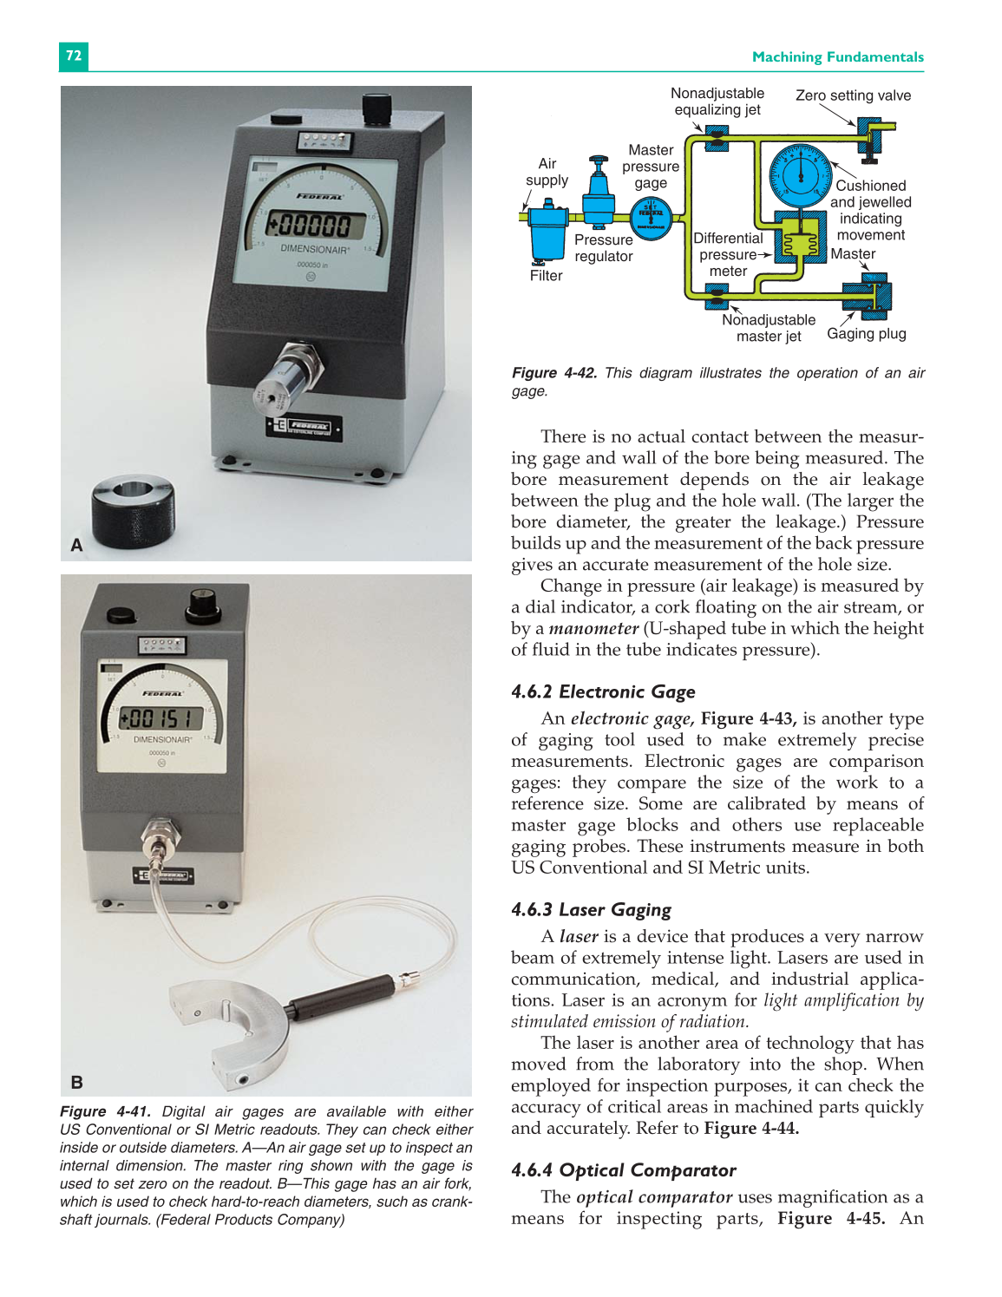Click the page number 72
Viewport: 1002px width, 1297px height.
(74, 56)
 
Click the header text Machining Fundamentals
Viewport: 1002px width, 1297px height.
(837, 57)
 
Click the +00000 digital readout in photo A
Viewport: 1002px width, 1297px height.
(310, 226)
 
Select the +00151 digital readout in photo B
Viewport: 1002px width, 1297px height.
(160, 718)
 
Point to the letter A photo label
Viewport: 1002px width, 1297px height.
(76, 546)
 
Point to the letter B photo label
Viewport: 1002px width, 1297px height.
(76, 1082)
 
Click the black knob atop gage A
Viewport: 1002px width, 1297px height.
(376, 110)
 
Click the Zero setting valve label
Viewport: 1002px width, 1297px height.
(853, 95)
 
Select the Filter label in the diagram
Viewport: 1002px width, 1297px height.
(546, 276)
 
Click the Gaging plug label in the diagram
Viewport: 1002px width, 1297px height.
(866, 334)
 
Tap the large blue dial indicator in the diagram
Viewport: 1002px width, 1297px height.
(801, 176)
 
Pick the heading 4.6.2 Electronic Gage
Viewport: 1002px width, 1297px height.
(603, 691)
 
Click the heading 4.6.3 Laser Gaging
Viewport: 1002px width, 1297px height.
(591, 909)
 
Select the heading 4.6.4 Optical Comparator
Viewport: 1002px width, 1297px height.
(623, 1170)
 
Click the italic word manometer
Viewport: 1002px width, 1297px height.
(593, 628)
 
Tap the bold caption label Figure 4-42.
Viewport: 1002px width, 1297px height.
(553, 373)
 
